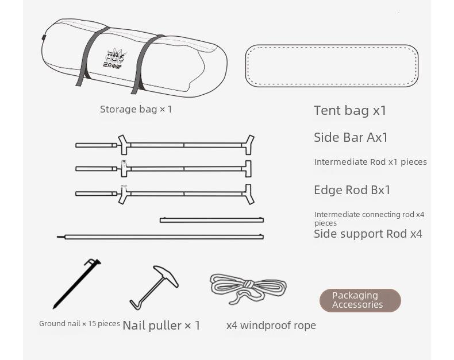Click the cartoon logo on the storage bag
click(x=115, y=57)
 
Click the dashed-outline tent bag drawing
click(x=332, y=65)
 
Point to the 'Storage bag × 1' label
click(x=136, y=109)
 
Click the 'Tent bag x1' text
click(x=350, y=110)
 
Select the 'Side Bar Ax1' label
click(x=351, y=137)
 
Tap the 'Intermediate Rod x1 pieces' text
click(x=370, y=162)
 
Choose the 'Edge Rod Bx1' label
click(x=352, y=190)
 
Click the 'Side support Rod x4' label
click(x=368, y=234)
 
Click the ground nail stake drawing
click(x=76, y=284)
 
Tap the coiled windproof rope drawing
click(x=248, y=288)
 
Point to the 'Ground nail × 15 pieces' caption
click(x=79, y=324)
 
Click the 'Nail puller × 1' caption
click(x=161, y=326)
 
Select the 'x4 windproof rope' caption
click(x=271, y=326)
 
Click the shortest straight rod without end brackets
click(x=211, y=220)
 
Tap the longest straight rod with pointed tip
click(x=161, y=237)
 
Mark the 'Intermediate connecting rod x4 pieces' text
click(x=369, y=218)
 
